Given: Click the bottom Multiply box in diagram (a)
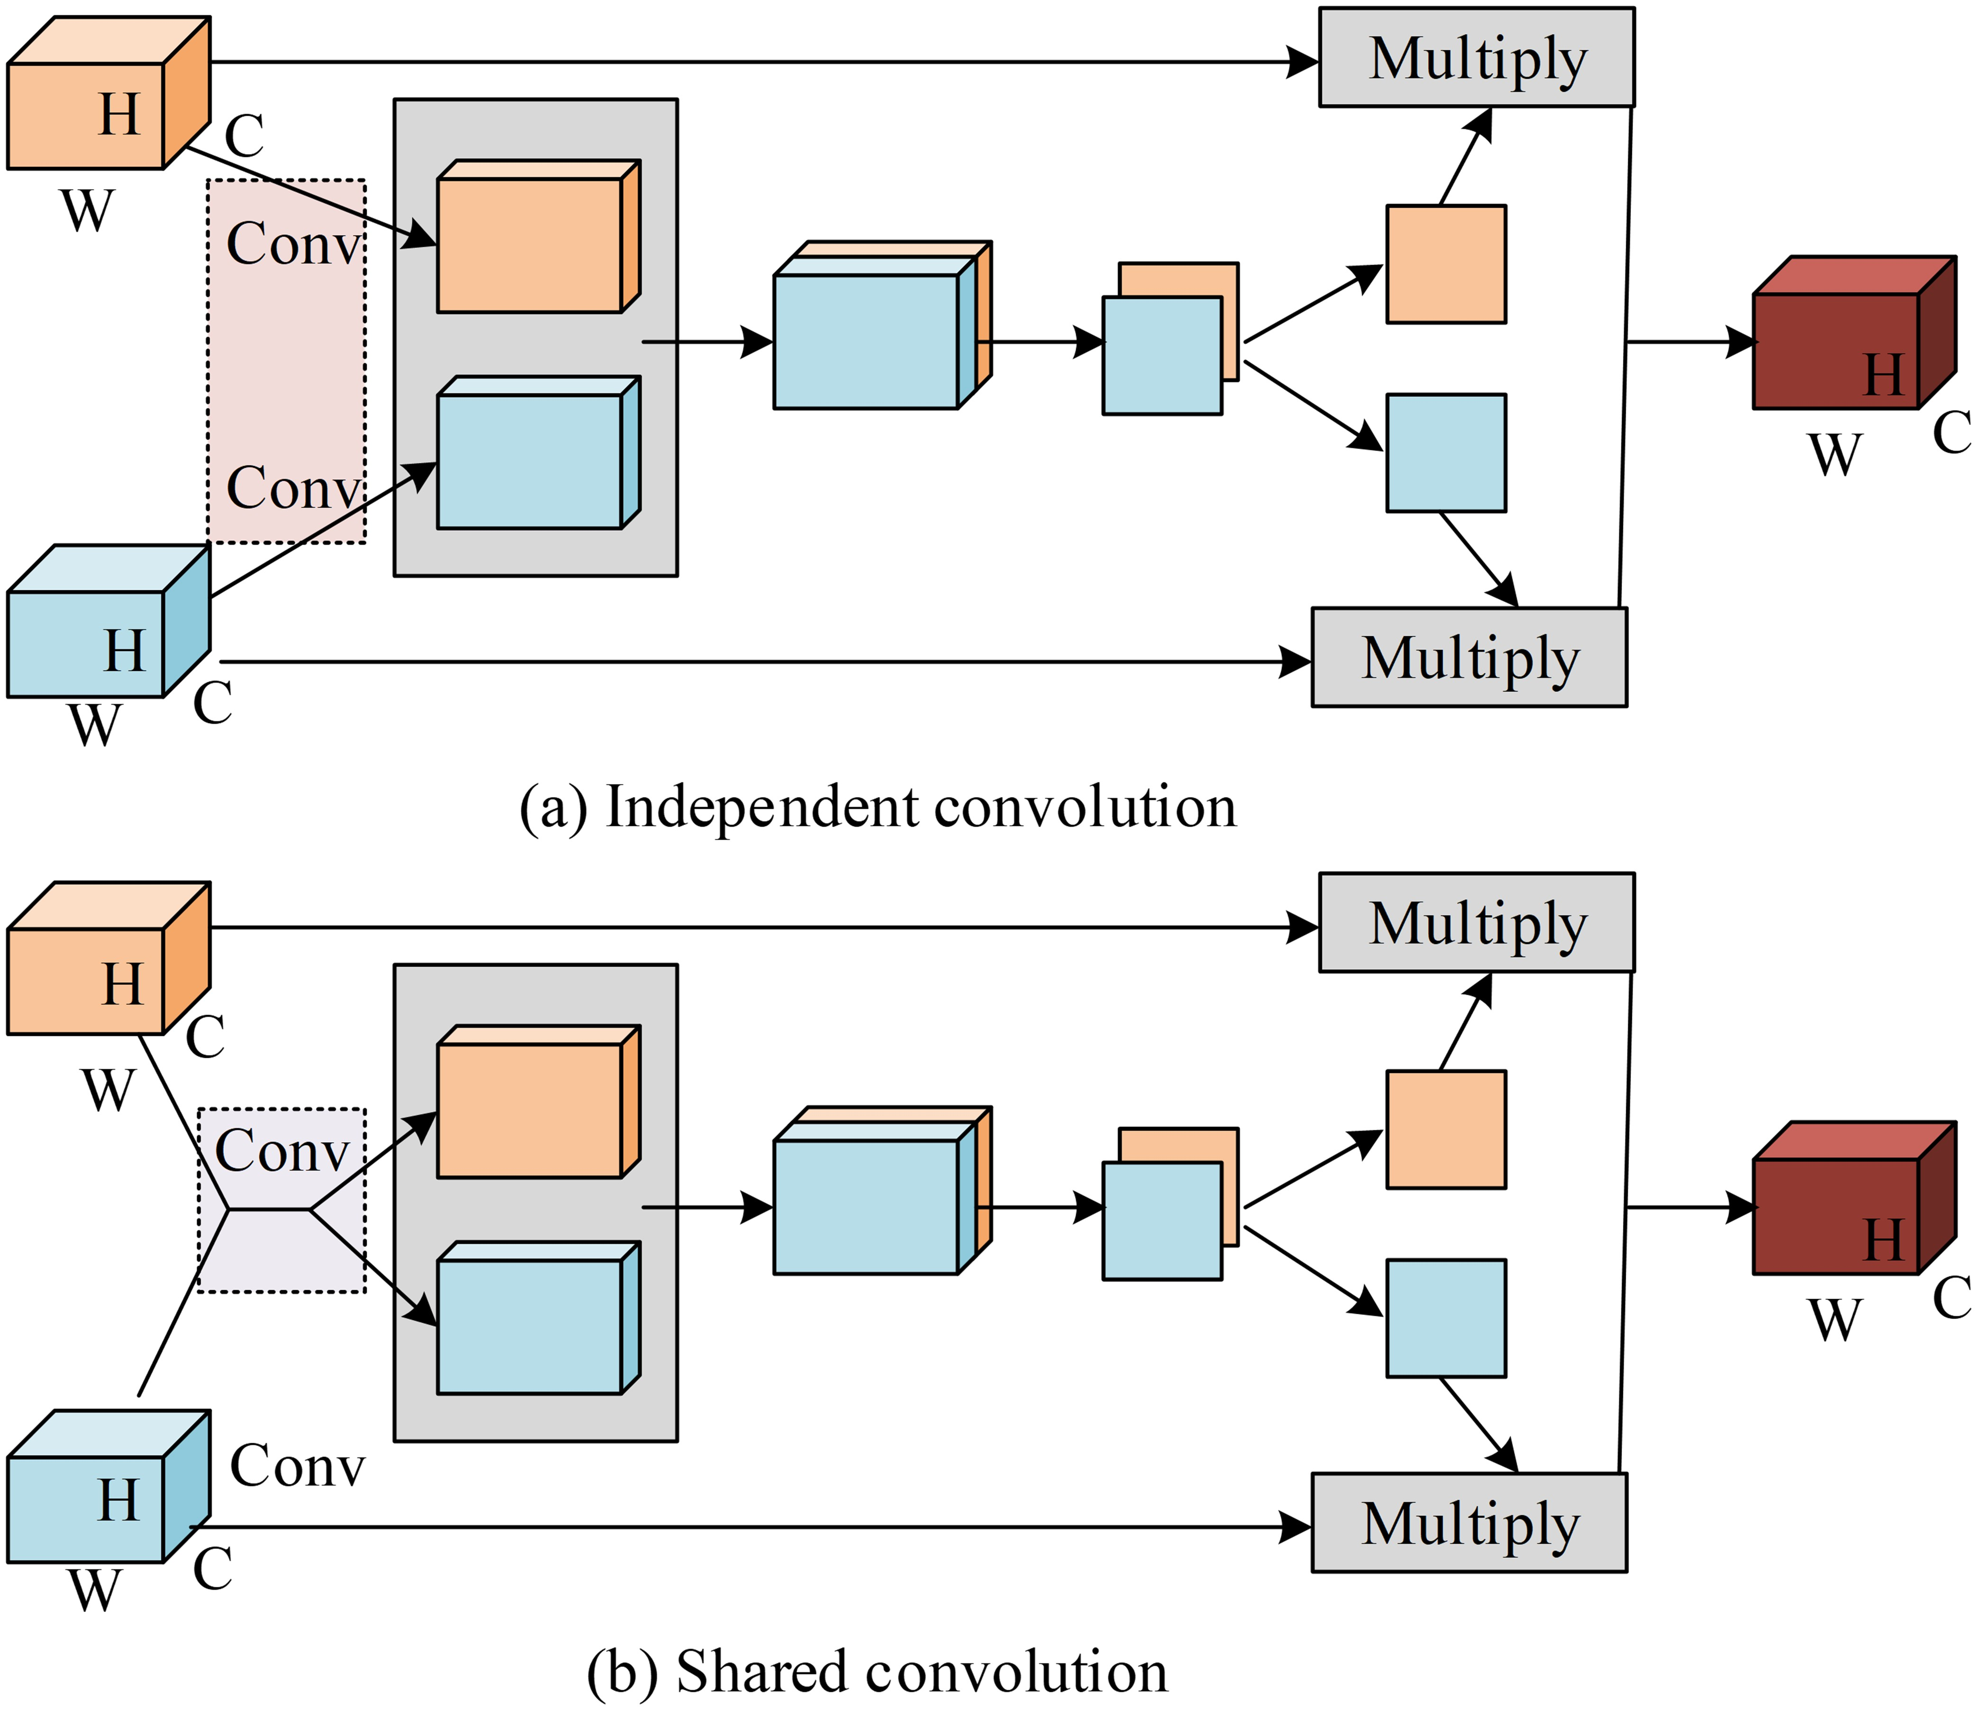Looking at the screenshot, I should click(1468, 658).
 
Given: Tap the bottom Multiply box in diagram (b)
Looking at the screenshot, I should click(1468, 1523).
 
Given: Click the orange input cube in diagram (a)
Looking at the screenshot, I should click(96, 105).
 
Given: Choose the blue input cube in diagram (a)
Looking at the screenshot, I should click(96, 631).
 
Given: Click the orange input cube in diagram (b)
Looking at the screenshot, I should click(96, 970).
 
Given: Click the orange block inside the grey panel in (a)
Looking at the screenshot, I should click(530, 244).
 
